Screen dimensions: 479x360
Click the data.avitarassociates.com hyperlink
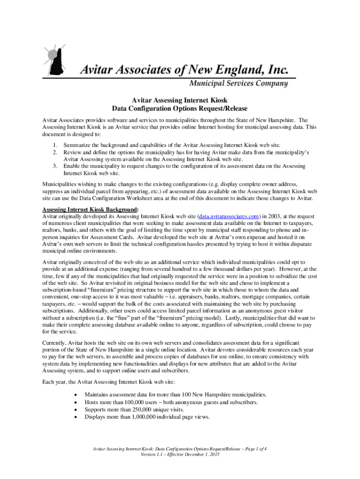229,216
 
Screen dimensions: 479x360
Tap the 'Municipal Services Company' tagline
238,84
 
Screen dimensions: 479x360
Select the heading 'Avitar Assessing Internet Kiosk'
180,100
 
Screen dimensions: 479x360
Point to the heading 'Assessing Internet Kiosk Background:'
90,209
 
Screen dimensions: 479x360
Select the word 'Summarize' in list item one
78,145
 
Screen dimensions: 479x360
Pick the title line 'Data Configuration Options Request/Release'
180,109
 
